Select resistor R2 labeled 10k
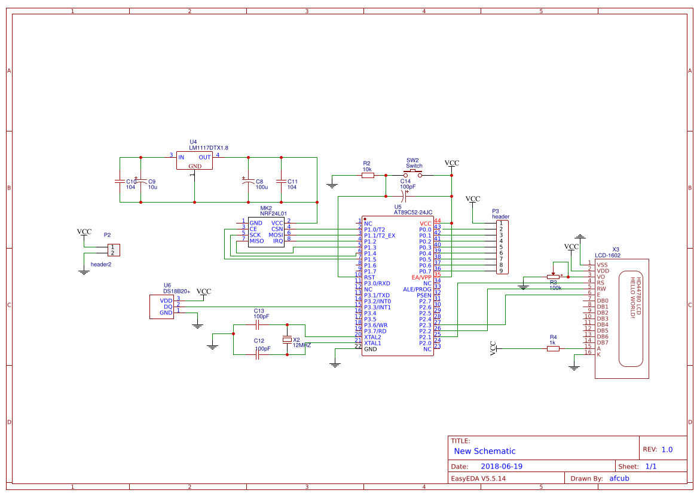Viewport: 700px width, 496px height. (x=368, y=176)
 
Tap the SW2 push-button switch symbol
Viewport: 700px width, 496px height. (x=413, y=174)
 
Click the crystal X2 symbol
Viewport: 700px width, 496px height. (x=287, y=340)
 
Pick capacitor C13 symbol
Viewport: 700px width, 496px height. (x=258, y=325)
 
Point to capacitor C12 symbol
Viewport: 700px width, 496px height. (x=258, y=355)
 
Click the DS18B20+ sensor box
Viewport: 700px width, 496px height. (x=161, y=307)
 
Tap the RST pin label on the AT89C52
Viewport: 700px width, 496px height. (x=369, y=277)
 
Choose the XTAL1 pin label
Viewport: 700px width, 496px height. (x=372, y=343)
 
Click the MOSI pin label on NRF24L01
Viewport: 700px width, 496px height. (x=276, y=235)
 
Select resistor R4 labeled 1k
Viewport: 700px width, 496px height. (x=553, y=348)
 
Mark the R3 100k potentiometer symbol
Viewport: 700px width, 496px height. (x=553, y=277)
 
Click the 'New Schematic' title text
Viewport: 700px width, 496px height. (x=484, y=451)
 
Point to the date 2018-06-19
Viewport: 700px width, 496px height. (x=502, y=466)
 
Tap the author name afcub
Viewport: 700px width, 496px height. (x=619, y=478)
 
